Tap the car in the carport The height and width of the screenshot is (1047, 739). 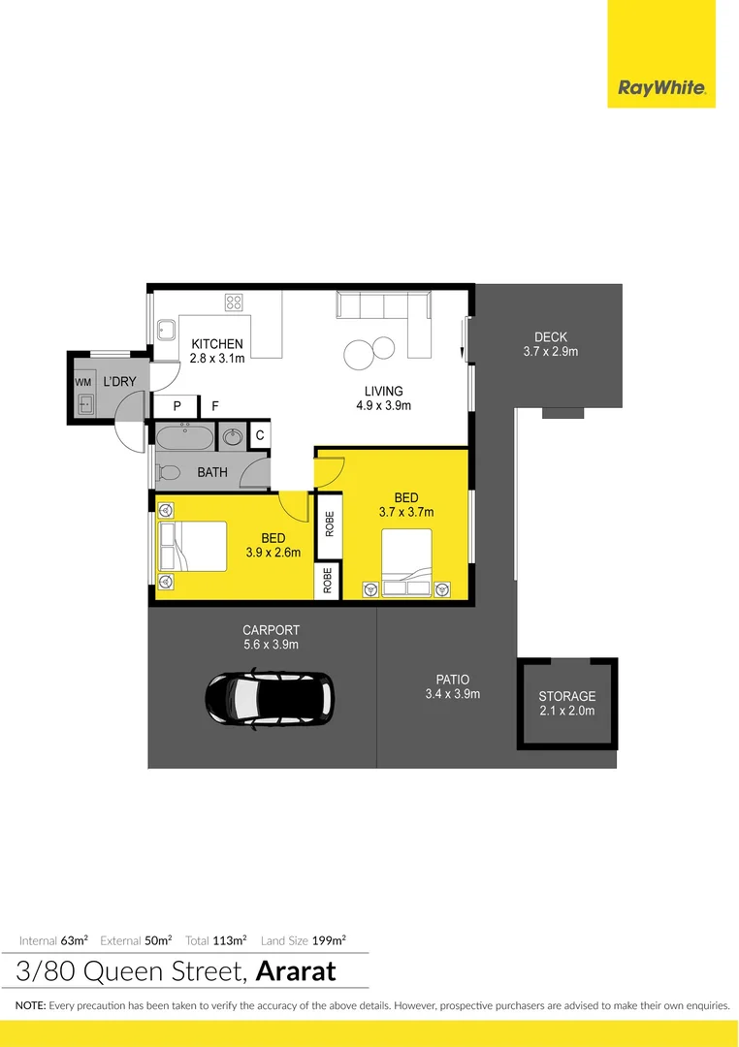coord(270,696)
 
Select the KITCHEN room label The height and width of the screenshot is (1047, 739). coord(216,344)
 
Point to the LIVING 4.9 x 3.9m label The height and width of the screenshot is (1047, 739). coord(383,398)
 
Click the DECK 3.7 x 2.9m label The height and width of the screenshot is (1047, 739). coord(550,344)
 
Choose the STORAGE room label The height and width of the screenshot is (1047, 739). coord(566,696)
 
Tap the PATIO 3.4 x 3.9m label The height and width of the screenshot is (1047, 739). coord(452,686)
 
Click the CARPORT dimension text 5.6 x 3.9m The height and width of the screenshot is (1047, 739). coord(271,644)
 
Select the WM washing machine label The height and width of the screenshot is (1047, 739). coord(82,383)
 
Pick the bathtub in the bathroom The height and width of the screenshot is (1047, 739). coord(184,438)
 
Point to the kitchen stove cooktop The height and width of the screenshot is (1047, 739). coord(234,301)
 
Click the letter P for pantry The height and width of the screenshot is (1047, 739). coord(177,407)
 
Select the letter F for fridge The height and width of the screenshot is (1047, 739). coord(215,407)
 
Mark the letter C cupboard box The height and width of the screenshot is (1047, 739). coord(259,436)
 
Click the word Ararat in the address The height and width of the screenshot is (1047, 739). coord(297,970)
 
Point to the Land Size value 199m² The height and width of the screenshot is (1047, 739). coord(329,939)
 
